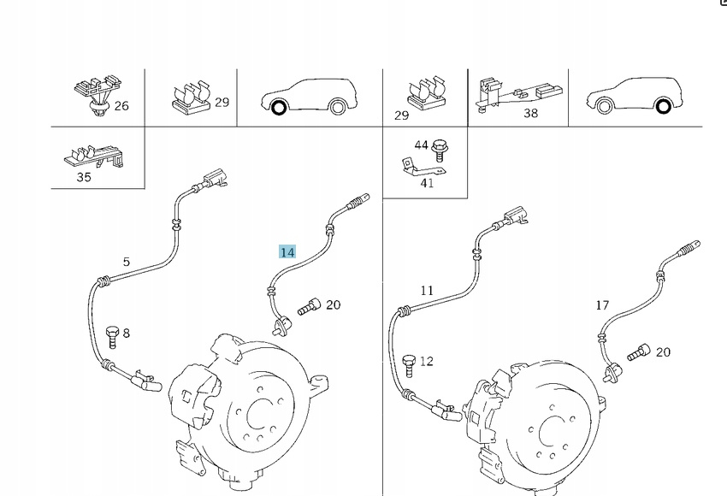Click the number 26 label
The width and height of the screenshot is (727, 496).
click(x=121, y=106)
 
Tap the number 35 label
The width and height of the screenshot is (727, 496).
click(x=84, y=178)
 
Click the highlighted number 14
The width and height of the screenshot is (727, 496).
click(x=287, y=252)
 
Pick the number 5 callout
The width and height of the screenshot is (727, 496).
click(x=127, y=262)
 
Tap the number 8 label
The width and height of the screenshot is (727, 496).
click(x=127, y=334)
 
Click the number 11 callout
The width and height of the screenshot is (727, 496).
click(x=427, y=291)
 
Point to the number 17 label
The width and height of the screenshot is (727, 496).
click(x=603, y=304)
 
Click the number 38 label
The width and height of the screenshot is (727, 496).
click(x=530, y=113)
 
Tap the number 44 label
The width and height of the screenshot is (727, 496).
click(x=422, y=145)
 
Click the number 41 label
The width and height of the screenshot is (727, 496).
click(x=427, y=182)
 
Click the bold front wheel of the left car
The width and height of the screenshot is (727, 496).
click(x=278, y=108)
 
